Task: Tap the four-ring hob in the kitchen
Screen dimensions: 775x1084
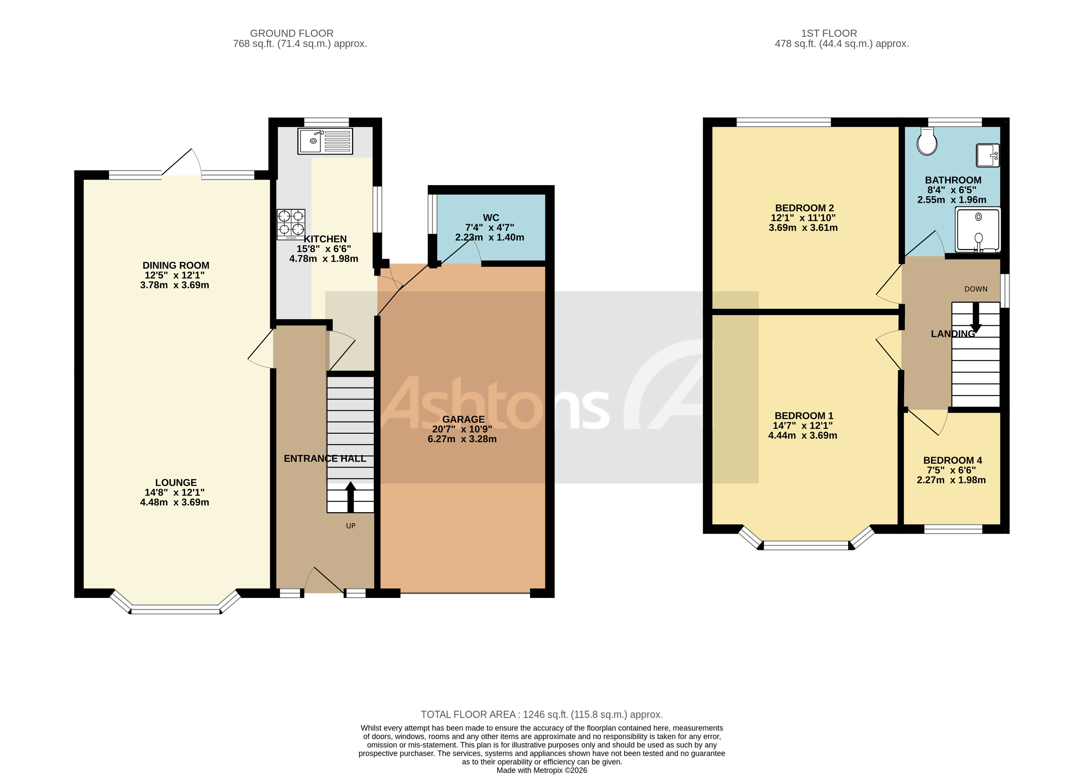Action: pyautogui.click(x=291, y=224)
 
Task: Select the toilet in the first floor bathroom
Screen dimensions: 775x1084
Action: pyautogui.click(x=927, y=142)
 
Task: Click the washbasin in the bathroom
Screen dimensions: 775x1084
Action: pyautogui.click(x=987, y=155)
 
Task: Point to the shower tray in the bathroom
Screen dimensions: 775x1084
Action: pyautogui.click(x=977, y=230)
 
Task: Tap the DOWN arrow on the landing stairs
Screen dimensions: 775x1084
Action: pyautogui.click(x=976, y=318)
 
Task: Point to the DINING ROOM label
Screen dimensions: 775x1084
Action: pyautogui.click(x=176, y=265)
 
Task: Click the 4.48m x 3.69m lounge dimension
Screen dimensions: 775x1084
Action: pyautogui.click(x=175, y=502)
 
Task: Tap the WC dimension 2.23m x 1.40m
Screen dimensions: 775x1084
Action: pyautogui.click(x=490, y=237)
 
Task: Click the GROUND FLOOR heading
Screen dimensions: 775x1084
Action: pyautogui.click(x=291, y=33)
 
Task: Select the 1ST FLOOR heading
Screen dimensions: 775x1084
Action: pyautogui.click(x=829, y=33)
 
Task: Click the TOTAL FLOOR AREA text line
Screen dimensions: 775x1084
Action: pyautogui.click(x=542, y=714)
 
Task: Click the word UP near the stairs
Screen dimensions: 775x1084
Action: pyautogui.click(x=351, y=526)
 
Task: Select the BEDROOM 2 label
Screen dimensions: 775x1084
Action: pyautogui.click(x=804, y=208)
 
